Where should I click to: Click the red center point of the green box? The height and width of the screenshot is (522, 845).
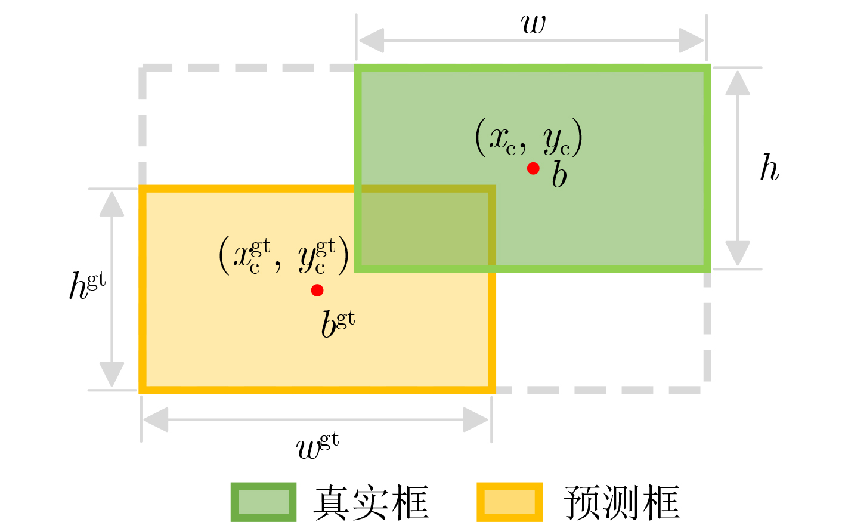[x=533, y=169]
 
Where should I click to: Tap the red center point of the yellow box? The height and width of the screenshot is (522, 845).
[x=317, y=291]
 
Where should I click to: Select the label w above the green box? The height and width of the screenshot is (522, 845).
[x=533, y=24]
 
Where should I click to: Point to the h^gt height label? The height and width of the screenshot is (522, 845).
[x=87, y=286]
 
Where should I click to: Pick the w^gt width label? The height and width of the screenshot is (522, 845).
[x=317, y=446]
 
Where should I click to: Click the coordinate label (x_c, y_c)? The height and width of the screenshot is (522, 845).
[x=528, y=138]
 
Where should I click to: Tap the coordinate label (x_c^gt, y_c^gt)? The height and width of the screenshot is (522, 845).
[x=284, y=255]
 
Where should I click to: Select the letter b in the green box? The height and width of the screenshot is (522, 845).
[x=559, y=176]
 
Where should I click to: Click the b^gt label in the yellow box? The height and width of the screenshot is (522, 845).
[x=338, y=324]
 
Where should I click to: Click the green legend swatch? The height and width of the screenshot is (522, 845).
[x=264, y=502]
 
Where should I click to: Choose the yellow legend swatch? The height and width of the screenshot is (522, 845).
[x=509, y=502]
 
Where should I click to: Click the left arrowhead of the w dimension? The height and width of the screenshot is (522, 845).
[x=371, y=41]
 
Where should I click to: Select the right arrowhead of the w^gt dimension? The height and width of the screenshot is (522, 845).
[x=476, y=420]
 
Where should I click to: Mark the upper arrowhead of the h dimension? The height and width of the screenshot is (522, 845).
[x=738, y=82]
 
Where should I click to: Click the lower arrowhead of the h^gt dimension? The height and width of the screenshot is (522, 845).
[x=112, y=375]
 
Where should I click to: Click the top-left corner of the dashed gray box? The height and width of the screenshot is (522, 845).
[x=143, y=69]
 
